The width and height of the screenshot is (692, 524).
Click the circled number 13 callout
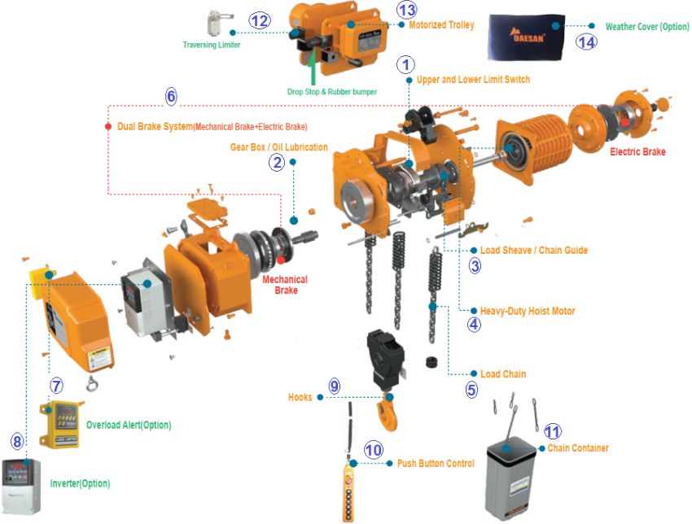coord(405,10)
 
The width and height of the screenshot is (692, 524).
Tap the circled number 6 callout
coord(171,95)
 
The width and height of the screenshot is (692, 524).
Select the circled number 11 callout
coord(553,432)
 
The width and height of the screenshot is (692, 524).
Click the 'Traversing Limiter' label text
coord(211,45)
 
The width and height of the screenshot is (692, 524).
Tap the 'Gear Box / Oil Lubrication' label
coord(278,147)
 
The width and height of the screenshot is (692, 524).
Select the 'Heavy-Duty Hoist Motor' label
coord(528,311)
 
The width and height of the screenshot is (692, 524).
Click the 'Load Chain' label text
coord(502,374)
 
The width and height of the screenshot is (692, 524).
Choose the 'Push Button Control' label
coord(436,464)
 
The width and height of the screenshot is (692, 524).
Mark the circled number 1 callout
coord(406,63)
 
